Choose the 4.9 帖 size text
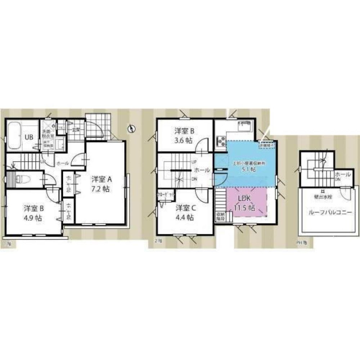(34, 219)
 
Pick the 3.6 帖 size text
(185, 141)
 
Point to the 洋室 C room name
(185, 208)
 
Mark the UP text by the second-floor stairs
(193, 162)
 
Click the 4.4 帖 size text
(185, 217)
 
